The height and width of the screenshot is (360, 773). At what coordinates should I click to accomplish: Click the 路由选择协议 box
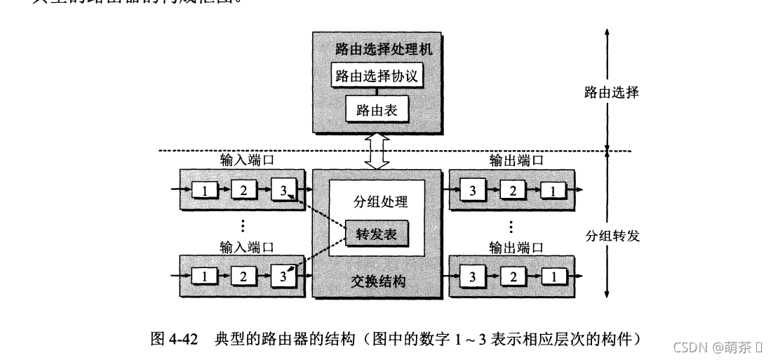point(377,76)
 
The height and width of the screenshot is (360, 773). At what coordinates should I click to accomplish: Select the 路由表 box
point(377,109)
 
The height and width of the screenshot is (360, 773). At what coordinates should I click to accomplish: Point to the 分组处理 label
point(378,202)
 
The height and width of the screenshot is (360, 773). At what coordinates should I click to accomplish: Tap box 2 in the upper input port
point(243,189)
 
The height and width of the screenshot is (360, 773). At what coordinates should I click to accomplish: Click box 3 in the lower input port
point(283,276)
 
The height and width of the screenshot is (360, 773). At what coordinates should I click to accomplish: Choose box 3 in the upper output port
point(473,189)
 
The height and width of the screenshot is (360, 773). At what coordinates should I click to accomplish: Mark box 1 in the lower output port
point(554,276)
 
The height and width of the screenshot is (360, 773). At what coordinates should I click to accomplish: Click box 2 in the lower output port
point(513,276)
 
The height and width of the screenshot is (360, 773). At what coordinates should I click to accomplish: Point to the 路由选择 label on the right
point(612,92)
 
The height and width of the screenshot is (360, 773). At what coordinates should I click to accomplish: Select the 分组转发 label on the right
point(612,236)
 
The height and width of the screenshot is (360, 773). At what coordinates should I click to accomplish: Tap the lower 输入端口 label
point(246,247)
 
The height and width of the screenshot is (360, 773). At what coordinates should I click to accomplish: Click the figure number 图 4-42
point(175,340)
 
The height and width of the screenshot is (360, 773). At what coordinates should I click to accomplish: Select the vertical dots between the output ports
point(511,227)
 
